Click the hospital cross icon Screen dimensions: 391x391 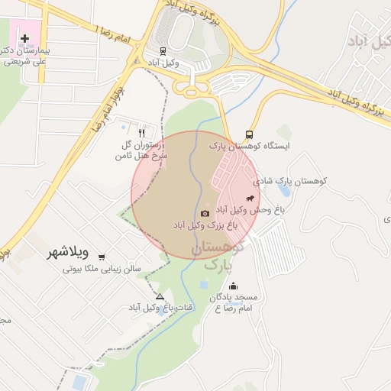pyautogui.click(x=25, y=37)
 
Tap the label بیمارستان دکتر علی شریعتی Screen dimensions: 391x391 pyautogui.click(x=25, y=56)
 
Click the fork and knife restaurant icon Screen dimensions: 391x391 pyautogui.click(x=141, y=132)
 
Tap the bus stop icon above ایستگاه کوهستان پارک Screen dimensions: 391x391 pyautogui.click(x=249, y=134)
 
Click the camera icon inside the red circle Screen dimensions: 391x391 pyautogui.click(x=205, y=213)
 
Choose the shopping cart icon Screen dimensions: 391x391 pyautogui.click(x=102, y=257)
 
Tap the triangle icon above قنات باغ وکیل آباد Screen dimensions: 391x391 pyautogui.click(x=160, y=296)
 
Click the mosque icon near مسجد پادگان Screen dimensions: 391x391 pyautogui.click(x=233, y=286)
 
